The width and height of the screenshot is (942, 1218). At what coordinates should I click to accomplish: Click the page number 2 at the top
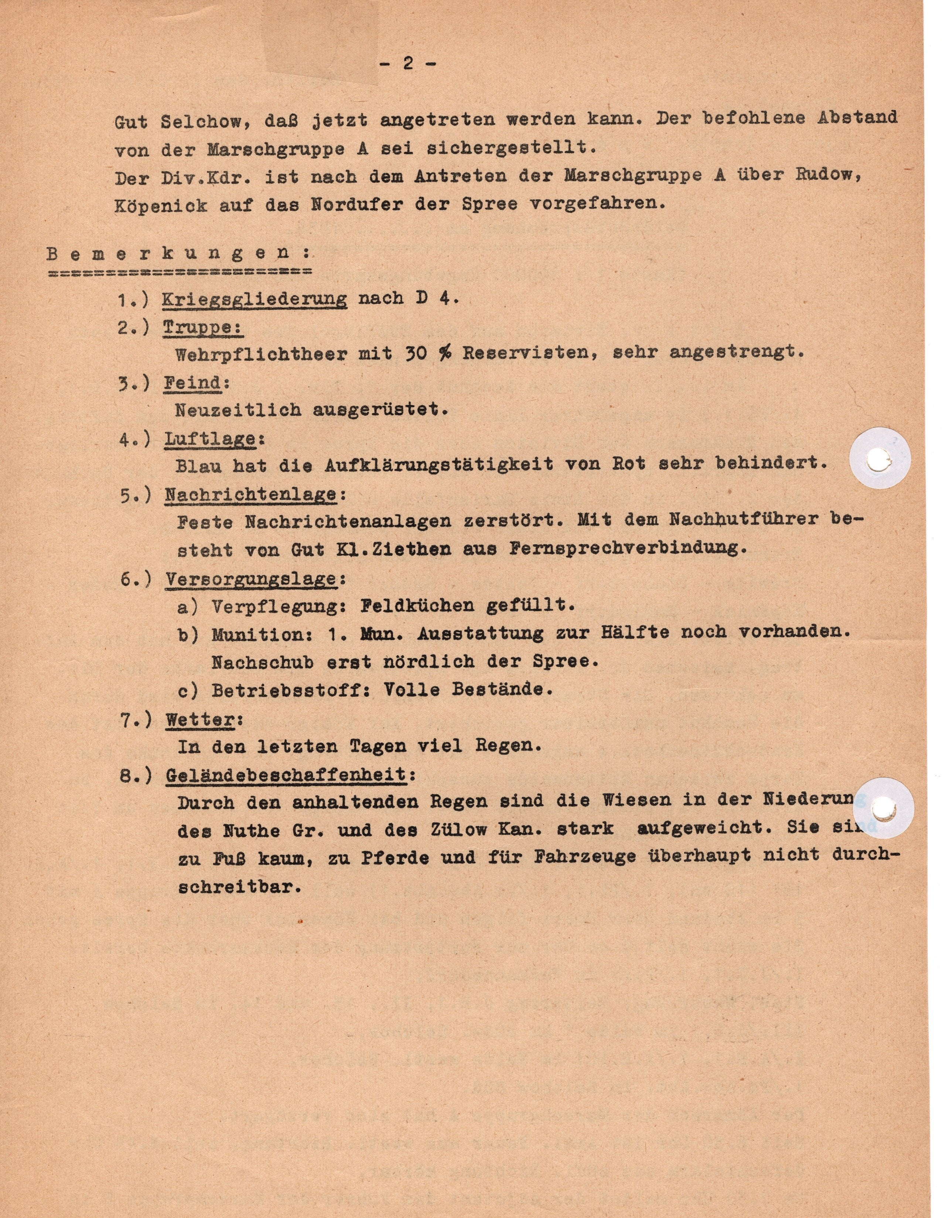click(407, 64)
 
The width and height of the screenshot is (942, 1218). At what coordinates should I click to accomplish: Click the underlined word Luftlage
click(210, 439)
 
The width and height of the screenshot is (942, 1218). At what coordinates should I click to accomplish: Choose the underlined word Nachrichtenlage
click(250, 494)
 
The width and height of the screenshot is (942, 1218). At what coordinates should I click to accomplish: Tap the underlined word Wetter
click(200, 720)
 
